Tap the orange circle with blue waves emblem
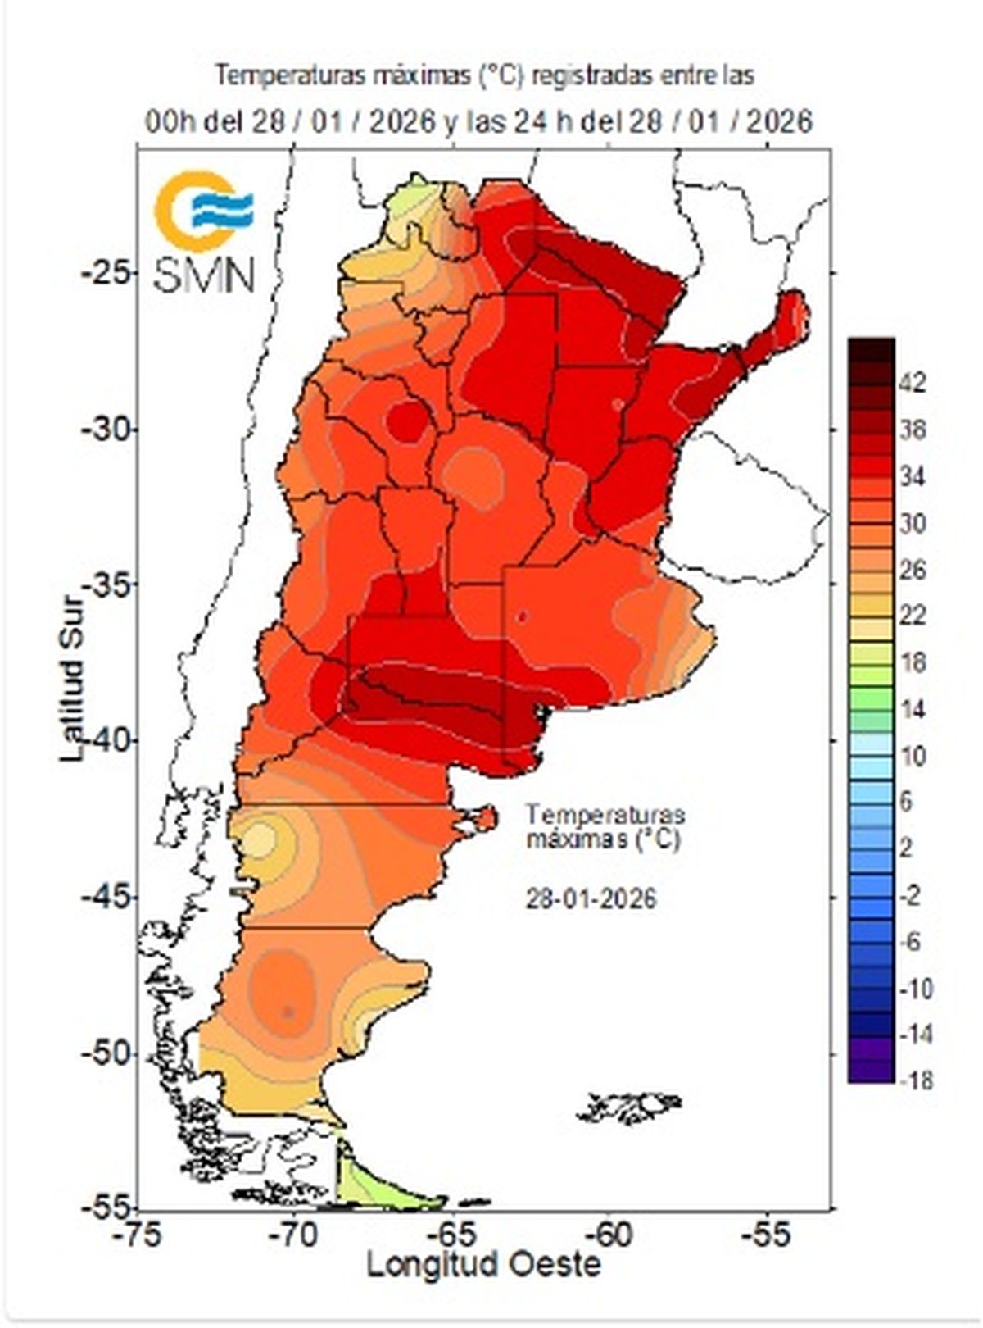pyautogui.click(x=201, y=210)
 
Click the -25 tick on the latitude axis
pyautogui.click(x=106, y=272)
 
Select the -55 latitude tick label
pyautogui.click(x=106, y=1207)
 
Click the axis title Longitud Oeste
pyautogui.click(x=483, y=1265)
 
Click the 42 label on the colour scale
pyautogui.click(x=914, y=383)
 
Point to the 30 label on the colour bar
pyautogui.click(x=914, y=523)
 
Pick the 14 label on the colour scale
pyautogui.click(x=914, y=710)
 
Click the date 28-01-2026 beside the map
pyautogui.click(x=591, y=899)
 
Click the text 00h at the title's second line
pyautogui.click(x=170, y=122)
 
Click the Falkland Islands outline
pyautogui.click(x=631, y=1106)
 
